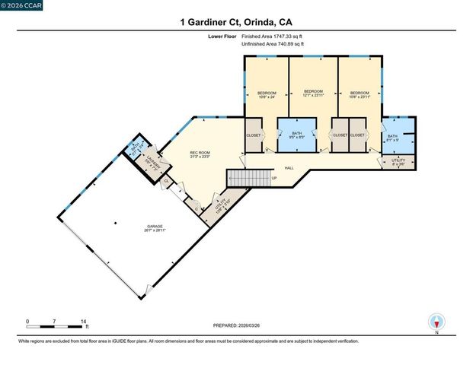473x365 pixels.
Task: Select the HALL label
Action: pyautogui.click(x=289, y=168)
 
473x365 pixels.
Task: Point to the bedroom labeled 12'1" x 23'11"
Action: pyautogui.click(x=314, y=94)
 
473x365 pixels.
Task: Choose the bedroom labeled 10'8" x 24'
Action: pyautogui.click(x=266, y=94)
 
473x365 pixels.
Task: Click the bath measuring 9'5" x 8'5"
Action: pyautogui.click(x=296, y=136)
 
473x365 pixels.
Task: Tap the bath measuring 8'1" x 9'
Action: pyautogui.click(x=392, y=138)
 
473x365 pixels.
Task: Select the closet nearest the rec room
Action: pyautogui.click(x=253, y=135)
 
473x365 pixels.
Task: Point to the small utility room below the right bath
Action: pyautogui.click(x=398, y=162)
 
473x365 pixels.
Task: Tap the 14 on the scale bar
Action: pyautogui.click(x=82, y=322)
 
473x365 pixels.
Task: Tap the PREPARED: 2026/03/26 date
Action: pyautogui.click(x=236, y=325)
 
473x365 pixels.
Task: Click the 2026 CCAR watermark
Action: pyautogui.click(x=22, y=5)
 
